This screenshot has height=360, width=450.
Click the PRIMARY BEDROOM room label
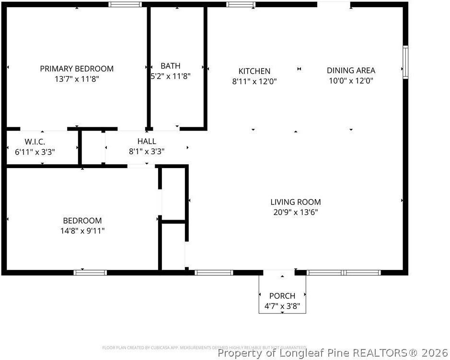[77, 69]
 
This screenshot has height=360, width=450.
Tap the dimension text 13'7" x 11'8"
[77, 79]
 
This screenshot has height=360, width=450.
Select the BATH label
[171, 66]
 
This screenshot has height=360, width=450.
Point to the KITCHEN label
[254, 71]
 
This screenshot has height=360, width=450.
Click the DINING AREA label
[351, 71]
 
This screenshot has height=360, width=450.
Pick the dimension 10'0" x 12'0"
[351, 81]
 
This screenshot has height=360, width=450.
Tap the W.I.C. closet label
[35, 142]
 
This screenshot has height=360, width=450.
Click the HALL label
[147, 141]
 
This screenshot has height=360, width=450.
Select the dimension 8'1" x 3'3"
[147, 151]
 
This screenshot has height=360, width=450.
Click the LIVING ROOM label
[296, 202]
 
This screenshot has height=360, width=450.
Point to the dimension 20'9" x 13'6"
[296, 212]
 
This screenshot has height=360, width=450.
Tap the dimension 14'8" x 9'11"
[82, 231]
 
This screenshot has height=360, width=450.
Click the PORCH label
[282, 296]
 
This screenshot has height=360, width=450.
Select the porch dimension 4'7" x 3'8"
[282, 305]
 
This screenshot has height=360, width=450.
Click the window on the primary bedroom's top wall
[125, 4]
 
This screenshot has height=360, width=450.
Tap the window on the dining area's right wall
[405, 62]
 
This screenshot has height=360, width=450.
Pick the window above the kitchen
[241, 4]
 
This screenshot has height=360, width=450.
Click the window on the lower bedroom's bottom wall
[90, 272]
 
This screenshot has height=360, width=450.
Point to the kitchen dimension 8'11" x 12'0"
[254, 81]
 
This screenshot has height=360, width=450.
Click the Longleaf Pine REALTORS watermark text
[332, 353]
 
